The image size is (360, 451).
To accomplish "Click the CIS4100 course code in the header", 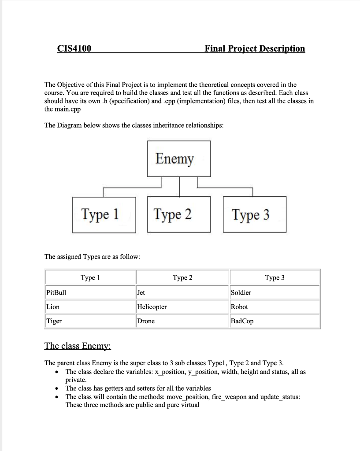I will (x=74, y=48).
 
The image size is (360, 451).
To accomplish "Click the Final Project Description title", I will (x=255, y=48).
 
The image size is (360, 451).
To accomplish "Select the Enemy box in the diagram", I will (x=175, y=159).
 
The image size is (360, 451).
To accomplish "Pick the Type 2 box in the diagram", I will (x=173, y=214).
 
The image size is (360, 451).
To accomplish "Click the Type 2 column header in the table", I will (x=182, y=277).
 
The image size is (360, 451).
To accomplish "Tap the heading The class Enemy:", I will (x=78, y=346).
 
